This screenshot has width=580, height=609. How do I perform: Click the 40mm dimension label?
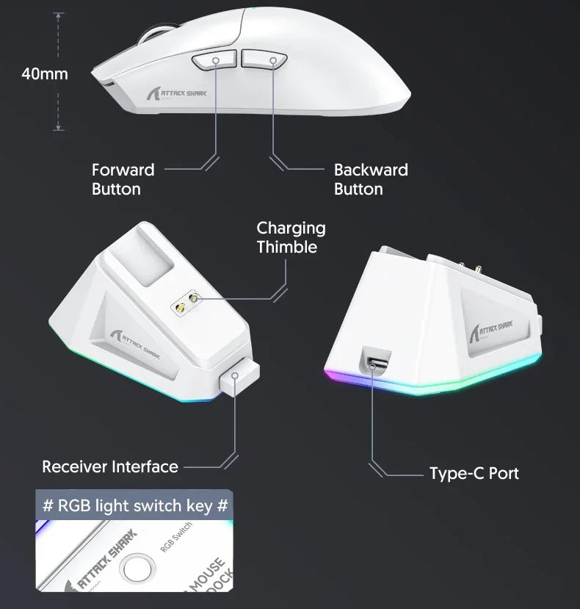coord(45,73)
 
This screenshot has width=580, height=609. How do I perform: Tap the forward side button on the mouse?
coord(214,62)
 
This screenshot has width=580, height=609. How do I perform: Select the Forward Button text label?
coord(123,179)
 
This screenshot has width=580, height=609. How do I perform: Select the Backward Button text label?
coord(371,179)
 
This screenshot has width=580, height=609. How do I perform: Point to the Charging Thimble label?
coord(291,237)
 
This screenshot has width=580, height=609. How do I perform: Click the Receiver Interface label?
coord(110,466)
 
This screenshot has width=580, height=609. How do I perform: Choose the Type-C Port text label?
coord(474,473)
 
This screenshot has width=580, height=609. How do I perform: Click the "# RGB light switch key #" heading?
coord(135,506)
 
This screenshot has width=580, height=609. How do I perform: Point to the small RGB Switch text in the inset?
coord(176,540)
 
